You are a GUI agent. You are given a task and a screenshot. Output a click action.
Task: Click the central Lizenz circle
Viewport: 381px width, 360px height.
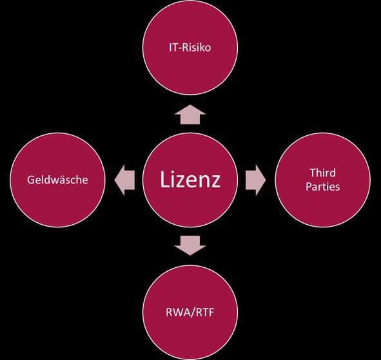coord(190,180)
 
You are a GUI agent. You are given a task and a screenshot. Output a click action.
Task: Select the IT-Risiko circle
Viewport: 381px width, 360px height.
coord(190,48)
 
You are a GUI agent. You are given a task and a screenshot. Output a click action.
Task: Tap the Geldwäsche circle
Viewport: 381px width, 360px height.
coord(57,180)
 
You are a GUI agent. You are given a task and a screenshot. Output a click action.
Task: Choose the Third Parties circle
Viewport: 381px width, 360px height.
coord(323,180)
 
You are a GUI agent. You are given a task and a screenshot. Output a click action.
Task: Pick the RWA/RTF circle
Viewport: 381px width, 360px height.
coord(190,312)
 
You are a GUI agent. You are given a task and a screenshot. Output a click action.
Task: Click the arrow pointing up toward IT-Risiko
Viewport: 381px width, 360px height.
coord(190,115)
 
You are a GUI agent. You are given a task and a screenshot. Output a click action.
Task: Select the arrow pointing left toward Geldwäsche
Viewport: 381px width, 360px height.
coord(124,180)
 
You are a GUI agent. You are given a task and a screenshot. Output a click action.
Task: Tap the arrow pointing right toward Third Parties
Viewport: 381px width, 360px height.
coord(256,180)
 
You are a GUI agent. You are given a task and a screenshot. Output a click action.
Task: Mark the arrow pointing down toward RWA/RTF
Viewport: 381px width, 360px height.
coord(190,245)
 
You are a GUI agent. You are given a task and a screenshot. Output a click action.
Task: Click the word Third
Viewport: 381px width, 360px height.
coord(323,173)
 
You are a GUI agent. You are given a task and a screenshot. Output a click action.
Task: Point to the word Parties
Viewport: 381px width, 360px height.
coord(323,187)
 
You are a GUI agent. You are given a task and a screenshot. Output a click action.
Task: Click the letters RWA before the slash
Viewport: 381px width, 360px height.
coord(178,312)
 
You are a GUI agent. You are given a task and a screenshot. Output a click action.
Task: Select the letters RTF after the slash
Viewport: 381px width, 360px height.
coord(205,312)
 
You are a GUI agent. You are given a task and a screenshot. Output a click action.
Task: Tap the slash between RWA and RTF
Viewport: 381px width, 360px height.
coord(193,312)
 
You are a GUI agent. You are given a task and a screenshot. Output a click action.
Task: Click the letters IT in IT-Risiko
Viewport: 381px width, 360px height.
coord(173,48)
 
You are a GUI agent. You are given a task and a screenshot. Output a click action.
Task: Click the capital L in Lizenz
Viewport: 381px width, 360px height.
coord(164,180)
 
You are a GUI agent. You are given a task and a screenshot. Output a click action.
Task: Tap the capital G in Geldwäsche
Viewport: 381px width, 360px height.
coord(30,180)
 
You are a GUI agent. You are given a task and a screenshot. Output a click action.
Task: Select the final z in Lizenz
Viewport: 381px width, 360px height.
coord(215,182)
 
